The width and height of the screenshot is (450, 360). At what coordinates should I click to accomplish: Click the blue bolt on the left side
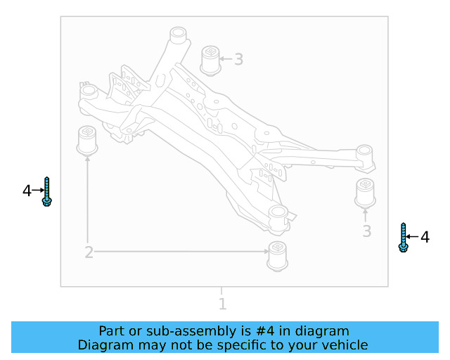46,192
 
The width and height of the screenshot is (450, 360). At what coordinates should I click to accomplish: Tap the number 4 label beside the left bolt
27,191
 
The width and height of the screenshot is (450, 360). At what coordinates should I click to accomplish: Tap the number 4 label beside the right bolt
425,238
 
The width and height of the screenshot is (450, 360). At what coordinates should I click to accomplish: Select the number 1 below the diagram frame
222,304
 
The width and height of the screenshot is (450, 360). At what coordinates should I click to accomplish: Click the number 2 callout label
89,252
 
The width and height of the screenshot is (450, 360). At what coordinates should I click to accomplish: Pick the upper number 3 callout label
238,60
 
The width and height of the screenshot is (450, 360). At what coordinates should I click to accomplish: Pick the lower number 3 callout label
366,231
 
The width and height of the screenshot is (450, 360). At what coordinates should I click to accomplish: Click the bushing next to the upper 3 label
210,59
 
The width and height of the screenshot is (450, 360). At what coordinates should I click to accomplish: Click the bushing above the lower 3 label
364,194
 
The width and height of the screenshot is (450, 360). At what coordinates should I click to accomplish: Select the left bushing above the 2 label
87,140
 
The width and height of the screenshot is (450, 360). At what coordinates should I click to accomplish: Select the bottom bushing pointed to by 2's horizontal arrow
278,255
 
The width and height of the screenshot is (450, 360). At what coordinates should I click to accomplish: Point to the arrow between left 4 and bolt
37,191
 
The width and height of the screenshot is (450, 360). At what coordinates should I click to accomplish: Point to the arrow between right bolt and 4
414,238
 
